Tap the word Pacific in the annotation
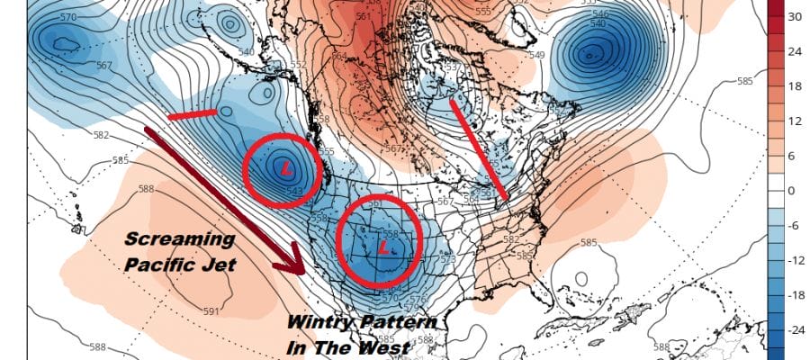pos(154,265)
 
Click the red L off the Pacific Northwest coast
pos(285,168)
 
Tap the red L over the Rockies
pos(385,245)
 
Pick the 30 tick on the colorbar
pos(795,17)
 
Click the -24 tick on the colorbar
pos(795,330)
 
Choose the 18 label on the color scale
pos(795,86)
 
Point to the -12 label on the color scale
pos(795,261)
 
